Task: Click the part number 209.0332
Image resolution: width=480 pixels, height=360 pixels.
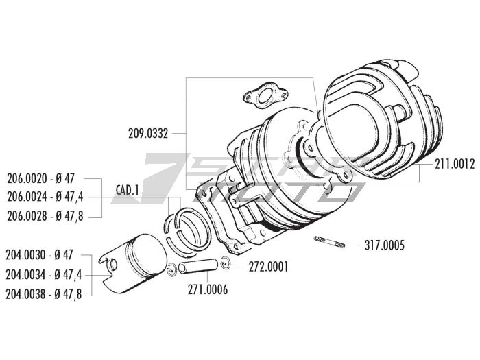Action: click(x=147, y=132)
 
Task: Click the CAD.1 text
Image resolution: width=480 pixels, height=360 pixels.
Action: click(x=128, y=189)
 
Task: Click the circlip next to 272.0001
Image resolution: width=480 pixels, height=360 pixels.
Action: click(x=228, y=264)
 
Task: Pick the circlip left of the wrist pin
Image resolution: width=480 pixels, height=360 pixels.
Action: click(x=174, y=269)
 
